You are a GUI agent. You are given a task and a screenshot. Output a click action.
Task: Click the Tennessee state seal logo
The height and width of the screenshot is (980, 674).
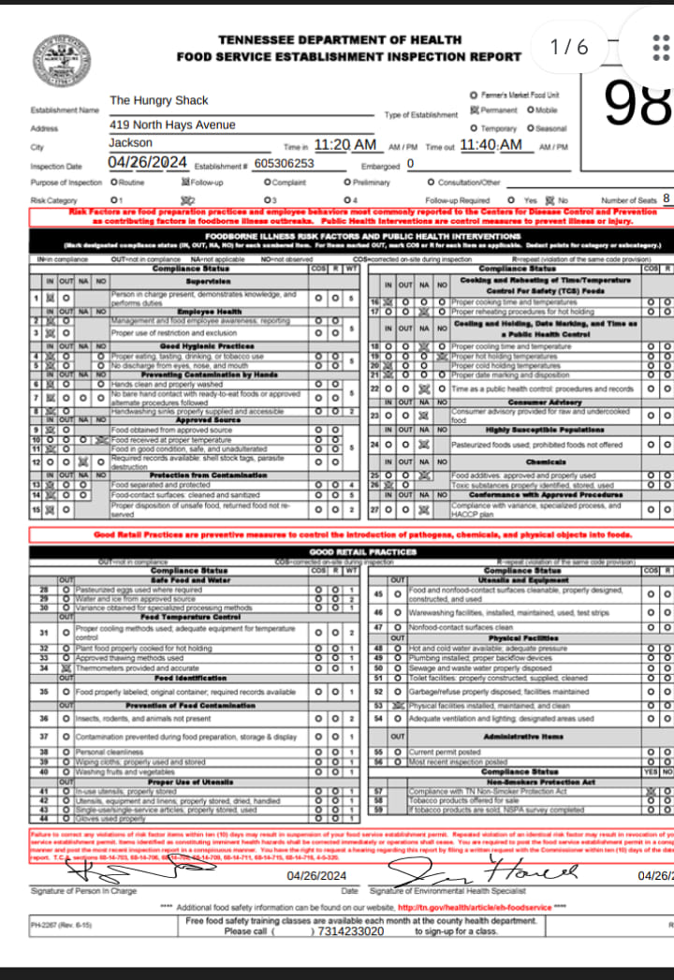click(x=62, y=61)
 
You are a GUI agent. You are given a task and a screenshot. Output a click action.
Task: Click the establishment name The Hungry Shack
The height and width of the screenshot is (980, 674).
click(x=159, y=100)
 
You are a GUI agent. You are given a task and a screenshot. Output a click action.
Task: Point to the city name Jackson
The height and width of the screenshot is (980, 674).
click(x=130, y=143)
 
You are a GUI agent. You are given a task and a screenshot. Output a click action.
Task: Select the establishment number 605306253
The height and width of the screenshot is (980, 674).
click(x=284, y=164)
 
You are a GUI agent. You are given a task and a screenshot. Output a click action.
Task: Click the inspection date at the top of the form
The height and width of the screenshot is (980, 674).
click(x=148, y=163)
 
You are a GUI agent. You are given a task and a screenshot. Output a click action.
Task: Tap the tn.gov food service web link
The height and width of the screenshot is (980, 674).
click(x=474, y=908)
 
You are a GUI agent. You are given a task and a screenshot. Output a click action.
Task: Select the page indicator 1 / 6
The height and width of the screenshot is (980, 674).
click(x=570, y=47)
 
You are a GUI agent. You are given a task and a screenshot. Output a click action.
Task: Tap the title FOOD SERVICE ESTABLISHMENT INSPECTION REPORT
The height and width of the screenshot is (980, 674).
click(x=349, y=56)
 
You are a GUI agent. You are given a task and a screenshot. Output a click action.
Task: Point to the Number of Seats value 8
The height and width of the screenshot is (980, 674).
click(x=666, y=198)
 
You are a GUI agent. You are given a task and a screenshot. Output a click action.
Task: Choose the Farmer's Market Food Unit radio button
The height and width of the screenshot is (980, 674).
click(x=473, y=95)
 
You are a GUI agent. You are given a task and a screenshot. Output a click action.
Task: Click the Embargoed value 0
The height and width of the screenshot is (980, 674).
click(x=410, y=164)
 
